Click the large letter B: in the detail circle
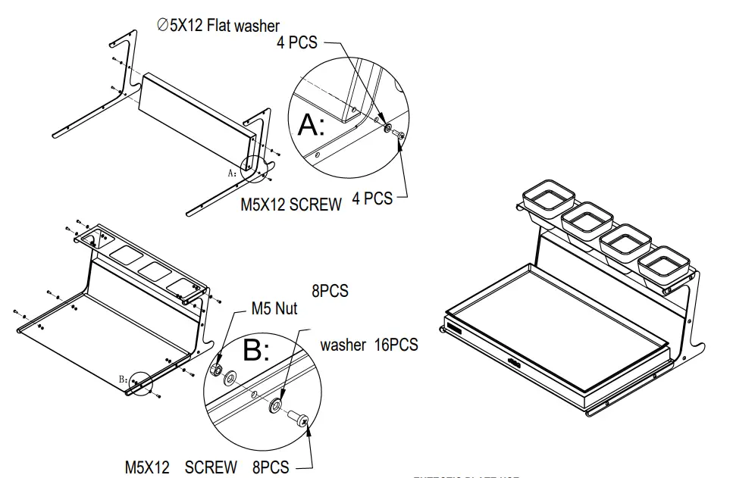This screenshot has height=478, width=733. [256, 351]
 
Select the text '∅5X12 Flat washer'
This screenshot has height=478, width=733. [218, 26]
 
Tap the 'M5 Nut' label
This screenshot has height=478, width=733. [274, 308]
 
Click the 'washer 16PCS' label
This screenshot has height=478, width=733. [368, 345]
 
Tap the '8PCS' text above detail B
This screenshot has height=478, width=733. [330, 291]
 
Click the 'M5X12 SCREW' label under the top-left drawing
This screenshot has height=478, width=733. [290, 205]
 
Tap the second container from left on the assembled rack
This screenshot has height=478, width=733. [587, 220]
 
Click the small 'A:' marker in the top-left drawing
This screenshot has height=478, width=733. [233, 173]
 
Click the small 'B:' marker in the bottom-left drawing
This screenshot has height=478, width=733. [124, 376]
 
